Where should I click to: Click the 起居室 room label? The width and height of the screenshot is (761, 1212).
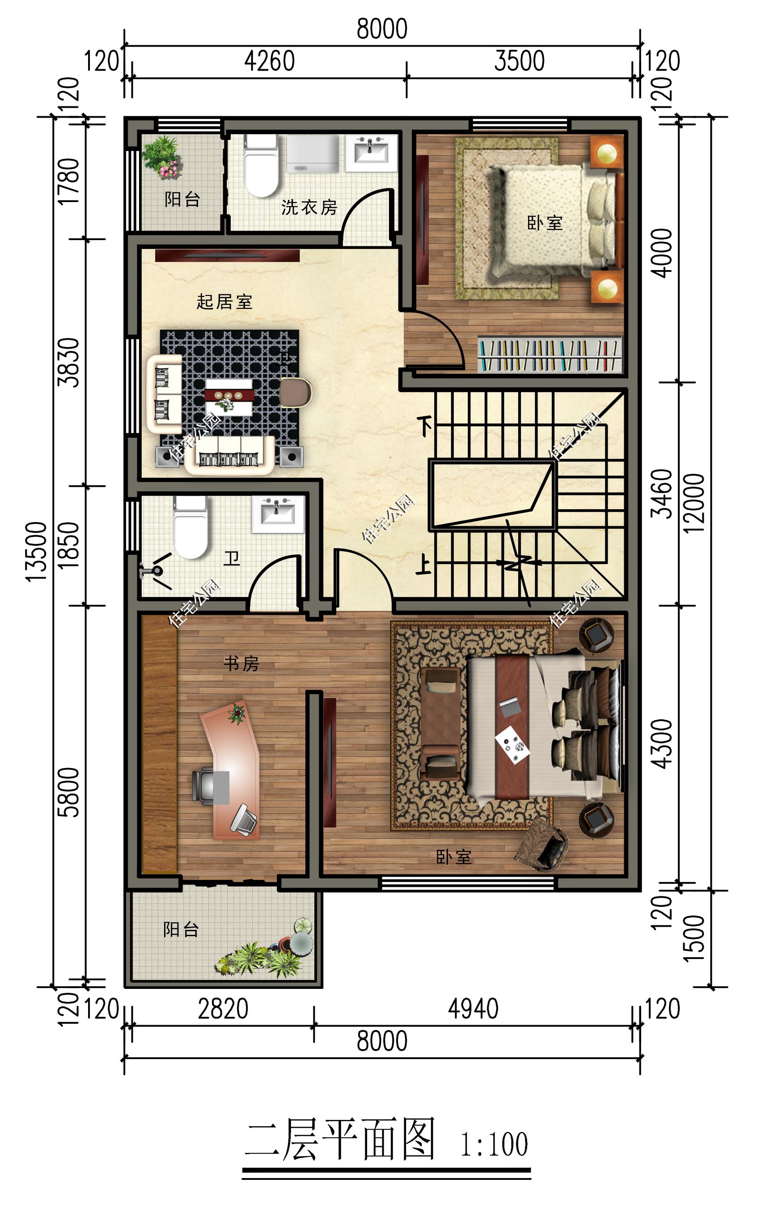224,302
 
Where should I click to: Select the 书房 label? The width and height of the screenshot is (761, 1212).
241,663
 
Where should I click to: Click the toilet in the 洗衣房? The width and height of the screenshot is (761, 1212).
261,165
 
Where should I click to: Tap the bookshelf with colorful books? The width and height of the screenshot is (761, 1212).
550,355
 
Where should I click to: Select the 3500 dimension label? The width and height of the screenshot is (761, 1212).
520,61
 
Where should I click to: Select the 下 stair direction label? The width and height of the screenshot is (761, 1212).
425,426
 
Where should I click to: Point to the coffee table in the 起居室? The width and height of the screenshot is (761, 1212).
229,397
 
